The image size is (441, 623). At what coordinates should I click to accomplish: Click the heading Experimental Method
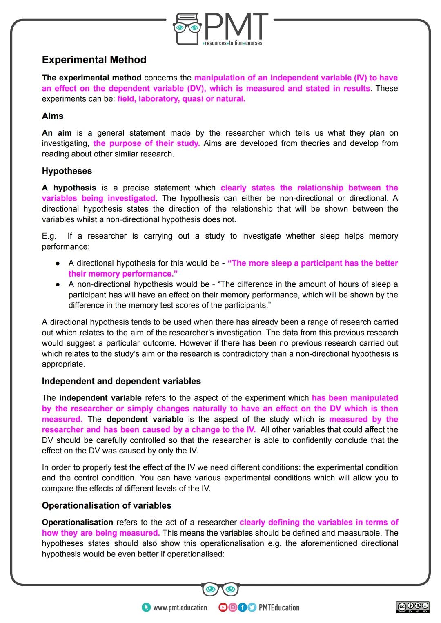click(94, 60)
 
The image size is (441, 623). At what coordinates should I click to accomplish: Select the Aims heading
click(53, 116)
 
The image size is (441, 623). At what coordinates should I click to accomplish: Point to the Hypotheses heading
click(67, 171)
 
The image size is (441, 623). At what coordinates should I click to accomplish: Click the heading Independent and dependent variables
click(121, 381)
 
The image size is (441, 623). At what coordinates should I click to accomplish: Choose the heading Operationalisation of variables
click(107, 505)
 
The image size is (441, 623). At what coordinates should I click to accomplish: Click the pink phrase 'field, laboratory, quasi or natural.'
click(181, 99)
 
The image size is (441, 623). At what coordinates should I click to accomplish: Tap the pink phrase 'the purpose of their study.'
click(146, 143)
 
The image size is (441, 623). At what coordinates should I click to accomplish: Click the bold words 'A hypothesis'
click(69, 188)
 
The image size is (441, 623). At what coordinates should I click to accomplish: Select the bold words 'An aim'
click(57, 133)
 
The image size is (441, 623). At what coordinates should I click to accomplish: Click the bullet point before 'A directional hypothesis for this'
click(58, 263)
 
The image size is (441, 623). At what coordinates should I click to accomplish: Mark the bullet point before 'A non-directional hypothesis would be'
click(58, 284)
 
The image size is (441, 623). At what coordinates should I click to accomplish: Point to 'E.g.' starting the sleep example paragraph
click(49, 236)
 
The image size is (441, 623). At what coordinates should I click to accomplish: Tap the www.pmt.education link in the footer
click(180, 607)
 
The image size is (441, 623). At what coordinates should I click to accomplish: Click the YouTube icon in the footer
click(223, 607)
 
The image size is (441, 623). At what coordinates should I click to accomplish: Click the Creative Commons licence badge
click(412, 607)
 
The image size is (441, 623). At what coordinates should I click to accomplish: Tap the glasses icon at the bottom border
click(220, 589)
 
